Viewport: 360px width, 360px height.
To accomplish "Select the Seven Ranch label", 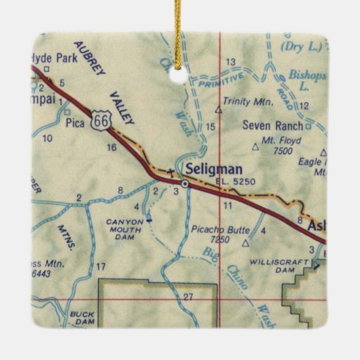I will pyautogui.click(x=273, y=126).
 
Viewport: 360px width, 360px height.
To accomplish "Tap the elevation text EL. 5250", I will pyautogui.click(x=221, y=181).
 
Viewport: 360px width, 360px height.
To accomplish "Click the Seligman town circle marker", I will pyautogui.click(x=184, y=182).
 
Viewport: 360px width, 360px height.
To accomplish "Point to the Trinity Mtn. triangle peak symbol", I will pyautogui.click(x=219, y=107).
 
